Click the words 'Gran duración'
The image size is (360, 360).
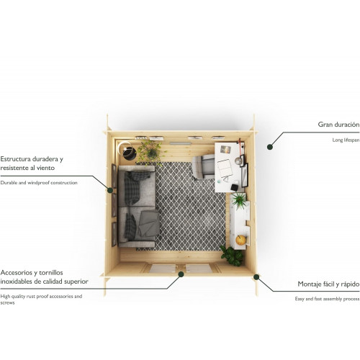338,125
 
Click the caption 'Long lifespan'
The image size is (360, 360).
346,140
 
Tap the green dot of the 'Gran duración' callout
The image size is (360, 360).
270,147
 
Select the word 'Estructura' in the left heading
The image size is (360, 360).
15,159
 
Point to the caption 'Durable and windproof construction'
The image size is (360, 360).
39,183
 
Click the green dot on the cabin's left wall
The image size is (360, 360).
110,190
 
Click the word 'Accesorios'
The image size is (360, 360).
17,273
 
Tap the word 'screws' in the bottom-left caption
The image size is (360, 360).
7,302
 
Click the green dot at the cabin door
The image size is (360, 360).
181,274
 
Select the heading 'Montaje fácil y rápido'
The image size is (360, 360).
328,284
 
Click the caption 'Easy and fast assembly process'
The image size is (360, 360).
327,299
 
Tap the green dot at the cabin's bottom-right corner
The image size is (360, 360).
256,277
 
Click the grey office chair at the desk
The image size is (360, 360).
203,167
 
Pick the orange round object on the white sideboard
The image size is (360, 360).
240,240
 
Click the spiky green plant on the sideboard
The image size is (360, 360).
239,201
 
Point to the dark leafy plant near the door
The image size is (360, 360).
232,256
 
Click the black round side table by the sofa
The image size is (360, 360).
130,153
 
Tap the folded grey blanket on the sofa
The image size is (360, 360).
149,223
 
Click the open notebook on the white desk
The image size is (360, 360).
225,168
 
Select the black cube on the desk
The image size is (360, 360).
235,186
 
